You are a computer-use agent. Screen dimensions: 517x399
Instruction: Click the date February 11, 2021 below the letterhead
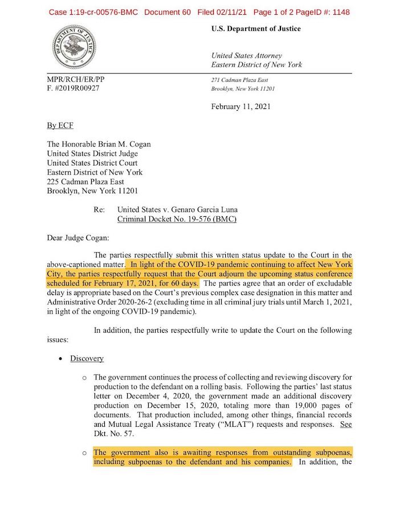point(241,106)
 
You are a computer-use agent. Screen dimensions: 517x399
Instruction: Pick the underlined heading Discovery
point(87,358)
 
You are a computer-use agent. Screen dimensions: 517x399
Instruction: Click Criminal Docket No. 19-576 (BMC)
point(176,219)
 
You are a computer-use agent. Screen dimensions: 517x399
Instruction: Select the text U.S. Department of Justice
point(256,29)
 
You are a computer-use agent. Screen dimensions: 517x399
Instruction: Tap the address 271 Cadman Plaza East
point(239,80)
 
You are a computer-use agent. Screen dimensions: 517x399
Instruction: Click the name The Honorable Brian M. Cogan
point(99,145)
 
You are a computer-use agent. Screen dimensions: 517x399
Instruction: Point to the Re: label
point(99,210)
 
